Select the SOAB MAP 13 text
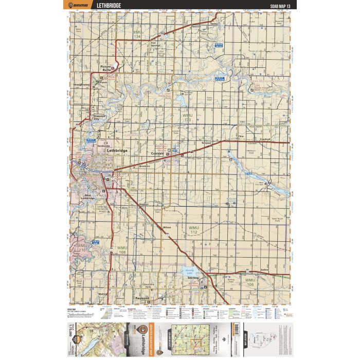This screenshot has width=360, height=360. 277,6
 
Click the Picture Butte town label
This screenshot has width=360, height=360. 105,68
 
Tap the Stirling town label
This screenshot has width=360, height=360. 193,278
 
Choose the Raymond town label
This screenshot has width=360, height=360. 141,298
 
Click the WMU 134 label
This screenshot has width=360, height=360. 137,35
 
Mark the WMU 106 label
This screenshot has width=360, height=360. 250,282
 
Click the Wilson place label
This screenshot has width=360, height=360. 166,226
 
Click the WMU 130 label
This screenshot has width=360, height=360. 187,117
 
